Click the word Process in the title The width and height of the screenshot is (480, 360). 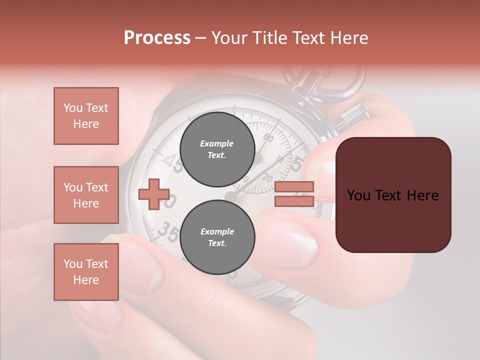(157, 38)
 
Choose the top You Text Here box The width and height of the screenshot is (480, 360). (86, 116)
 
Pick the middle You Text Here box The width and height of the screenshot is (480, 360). (86, 195)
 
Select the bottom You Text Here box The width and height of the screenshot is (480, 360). (86, 271)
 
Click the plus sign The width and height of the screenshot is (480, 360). (154, 194)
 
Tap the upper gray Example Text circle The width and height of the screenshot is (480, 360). (217, 149)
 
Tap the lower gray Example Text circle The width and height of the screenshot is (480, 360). (217, 237)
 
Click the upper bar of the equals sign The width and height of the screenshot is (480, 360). (294, 186)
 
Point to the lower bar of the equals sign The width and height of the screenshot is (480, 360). (294, 201)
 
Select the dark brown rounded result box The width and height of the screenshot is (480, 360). (393, 195)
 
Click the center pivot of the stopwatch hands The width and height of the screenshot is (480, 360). (231, 196)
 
